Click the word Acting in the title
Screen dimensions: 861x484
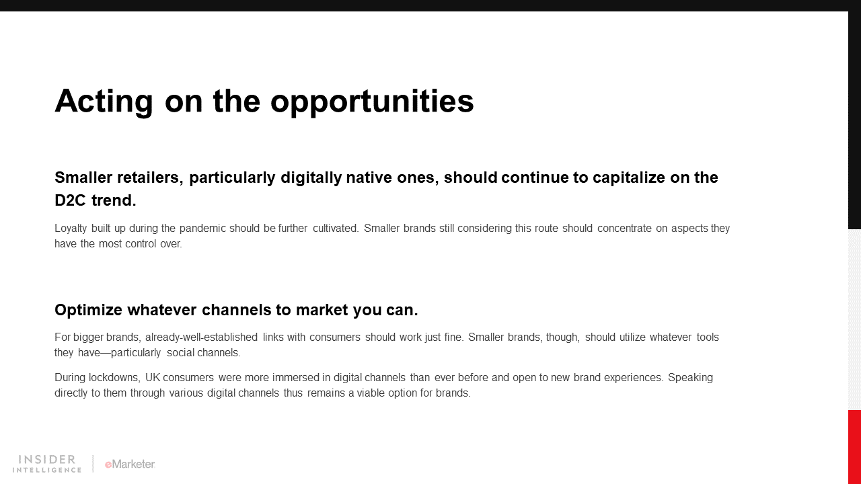[x=104, y=101]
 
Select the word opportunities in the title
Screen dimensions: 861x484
[x=372, y=102]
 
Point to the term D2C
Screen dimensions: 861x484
[x=70, y=200]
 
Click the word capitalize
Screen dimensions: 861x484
[x=628, y=178]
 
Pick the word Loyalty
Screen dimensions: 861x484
[x=71, y=229]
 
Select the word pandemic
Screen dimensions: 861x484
[x=202, y=229]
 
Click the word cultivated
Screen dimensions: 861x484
[x=336, y=228]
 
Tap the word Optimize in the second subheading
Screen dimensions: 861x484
[x=88, y=310]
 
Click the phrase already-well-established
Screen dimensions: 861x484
[x=201, y=337]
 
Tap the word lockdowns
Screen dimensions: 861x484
[x=114, y=378]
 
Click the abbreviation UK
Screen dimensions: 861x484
[x=153, y=378]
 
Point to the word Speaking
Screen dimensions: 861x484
[x=690, y=378]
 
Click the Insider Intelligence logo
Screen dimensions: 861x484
[x=47, y=464]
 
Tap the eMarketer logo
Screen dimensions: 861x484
[x=130, y=464]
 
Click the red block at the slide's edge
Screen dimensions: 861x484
[x=854, y=447]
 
